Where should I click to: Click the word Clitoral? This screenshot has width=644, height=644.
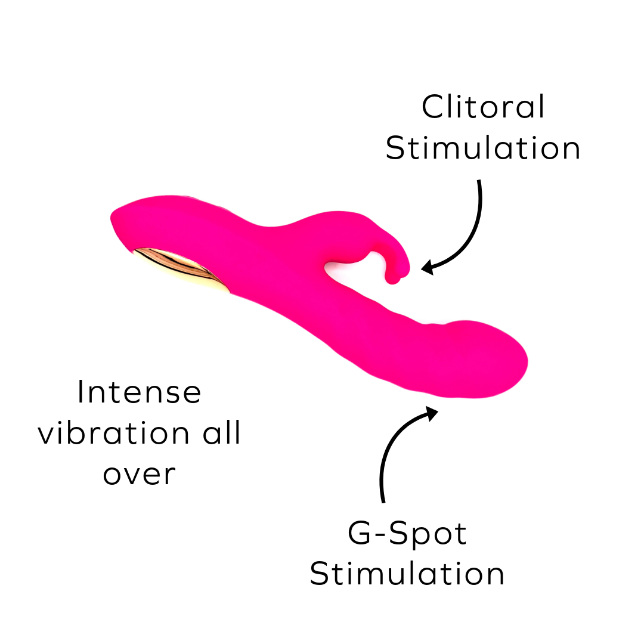coord(483,107)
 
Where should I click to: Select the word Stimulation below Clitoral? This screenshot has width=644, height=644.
coord(483,148)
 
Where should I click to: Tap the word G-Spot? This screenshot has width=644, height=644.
coord(407,534)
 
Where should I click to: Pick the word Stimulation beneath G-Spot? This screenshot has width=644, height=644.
coord(407,574)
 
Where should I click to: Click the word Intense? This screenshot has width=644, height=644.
coord(140,393)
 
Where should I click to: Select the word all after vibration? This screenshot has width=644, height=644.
coord(222,434)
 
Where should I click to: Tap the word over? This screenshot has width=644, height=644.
coord(140,475)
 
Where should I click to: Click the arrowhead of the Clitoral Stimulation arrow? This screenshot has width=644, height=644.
coord(427,267)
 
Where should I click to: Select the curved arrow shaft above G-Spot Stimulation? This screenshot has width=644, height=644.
coord(388,453)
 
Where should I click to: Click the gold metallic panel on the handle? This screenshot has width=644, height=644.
coord(182,269)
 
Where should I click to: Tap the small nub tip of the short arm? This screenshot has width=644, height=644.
coord(394,277)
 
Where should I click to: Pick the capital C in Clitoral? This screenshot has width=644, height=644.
coord(431,107)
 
